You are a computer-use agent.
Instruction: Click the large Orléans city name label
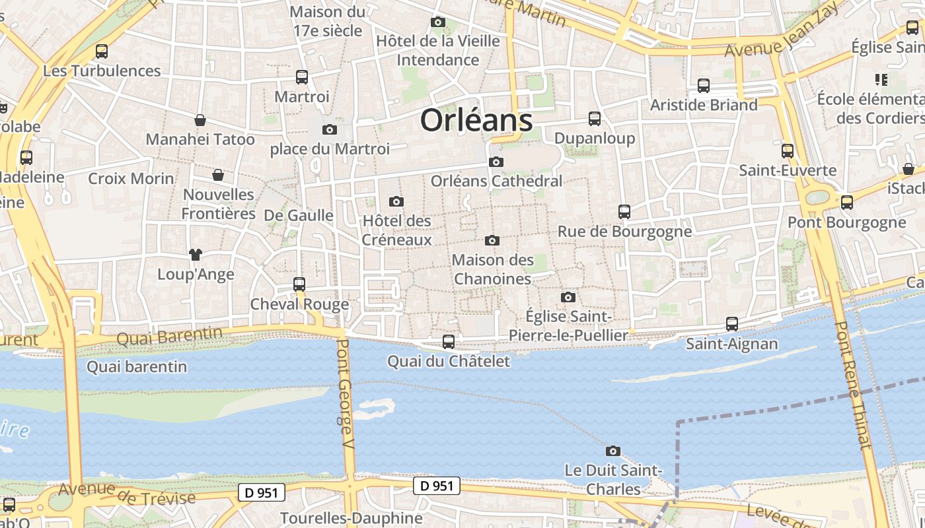476,121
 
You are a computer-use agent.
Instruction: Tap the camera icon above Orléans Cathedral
496,162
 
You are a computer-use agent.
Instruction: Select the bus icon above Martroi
302,77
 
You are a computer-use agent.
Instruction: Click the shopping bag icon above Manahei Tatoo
200,120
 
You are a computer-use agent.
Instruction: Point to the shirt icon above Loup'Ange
195,254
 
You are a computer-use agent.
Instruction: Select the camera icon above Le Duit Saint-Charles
613,451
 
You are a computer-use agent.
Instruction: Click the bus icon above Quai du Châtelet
449,341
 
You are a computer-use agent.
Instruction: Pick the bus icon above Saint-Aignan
731,324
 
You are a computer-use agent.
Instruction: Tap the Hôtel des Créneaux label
396,230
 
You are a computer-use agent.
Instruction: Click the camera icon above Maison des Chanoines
492,241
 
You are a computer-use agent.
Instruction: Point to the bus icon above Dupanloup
595,119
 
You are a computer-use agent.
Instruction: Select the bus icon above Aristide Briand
704,85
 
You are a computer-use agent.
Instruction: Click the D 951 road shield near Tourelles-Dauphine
261,492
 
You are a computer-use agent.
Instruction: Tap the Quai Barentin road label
170,336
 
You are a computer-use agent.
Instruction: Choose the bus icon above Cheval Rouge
299,284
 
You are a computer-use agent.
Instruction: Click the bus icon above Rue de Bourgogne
624,212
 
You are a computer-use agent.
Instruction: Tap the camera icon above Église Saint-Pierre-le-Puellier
568,298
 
